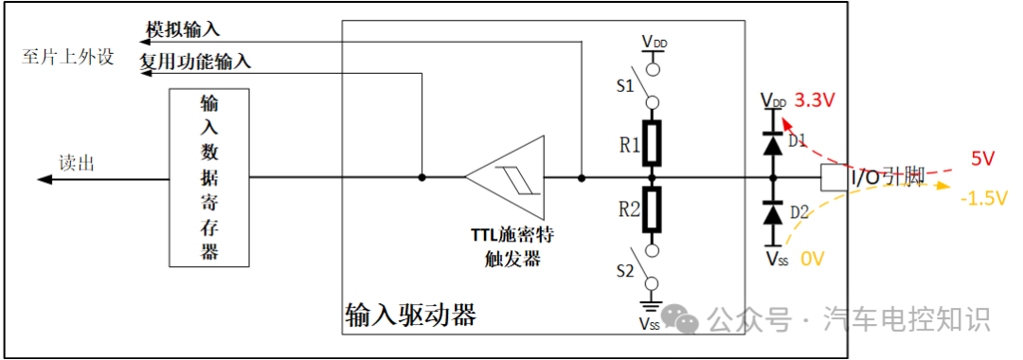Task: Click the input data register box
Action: pyautogui.click(x=209, y=177)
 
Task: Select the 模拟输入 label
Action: pyautogui.click(x=182, y=29)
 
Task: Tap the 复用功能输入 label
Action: pyautogui.click(x=195, y=62)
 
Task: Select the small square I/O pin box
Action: pyautogui.click(x=835, y=177)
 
